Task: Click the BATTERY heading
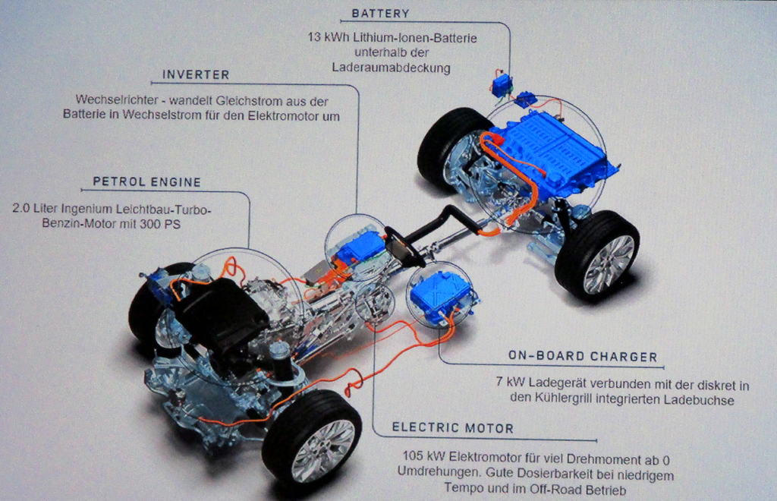tap(381, 14)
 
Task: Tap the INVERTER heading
tap(196, 75)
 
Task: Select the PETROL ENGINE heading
tap(147, 182)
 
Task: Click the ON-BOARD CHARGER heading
tap(583, 356)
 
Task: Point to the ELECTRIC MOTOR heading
tap(452, 428)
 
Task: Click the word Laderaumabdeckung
tap(391, 68)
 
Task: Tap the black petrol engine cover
tap(222, 317)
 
